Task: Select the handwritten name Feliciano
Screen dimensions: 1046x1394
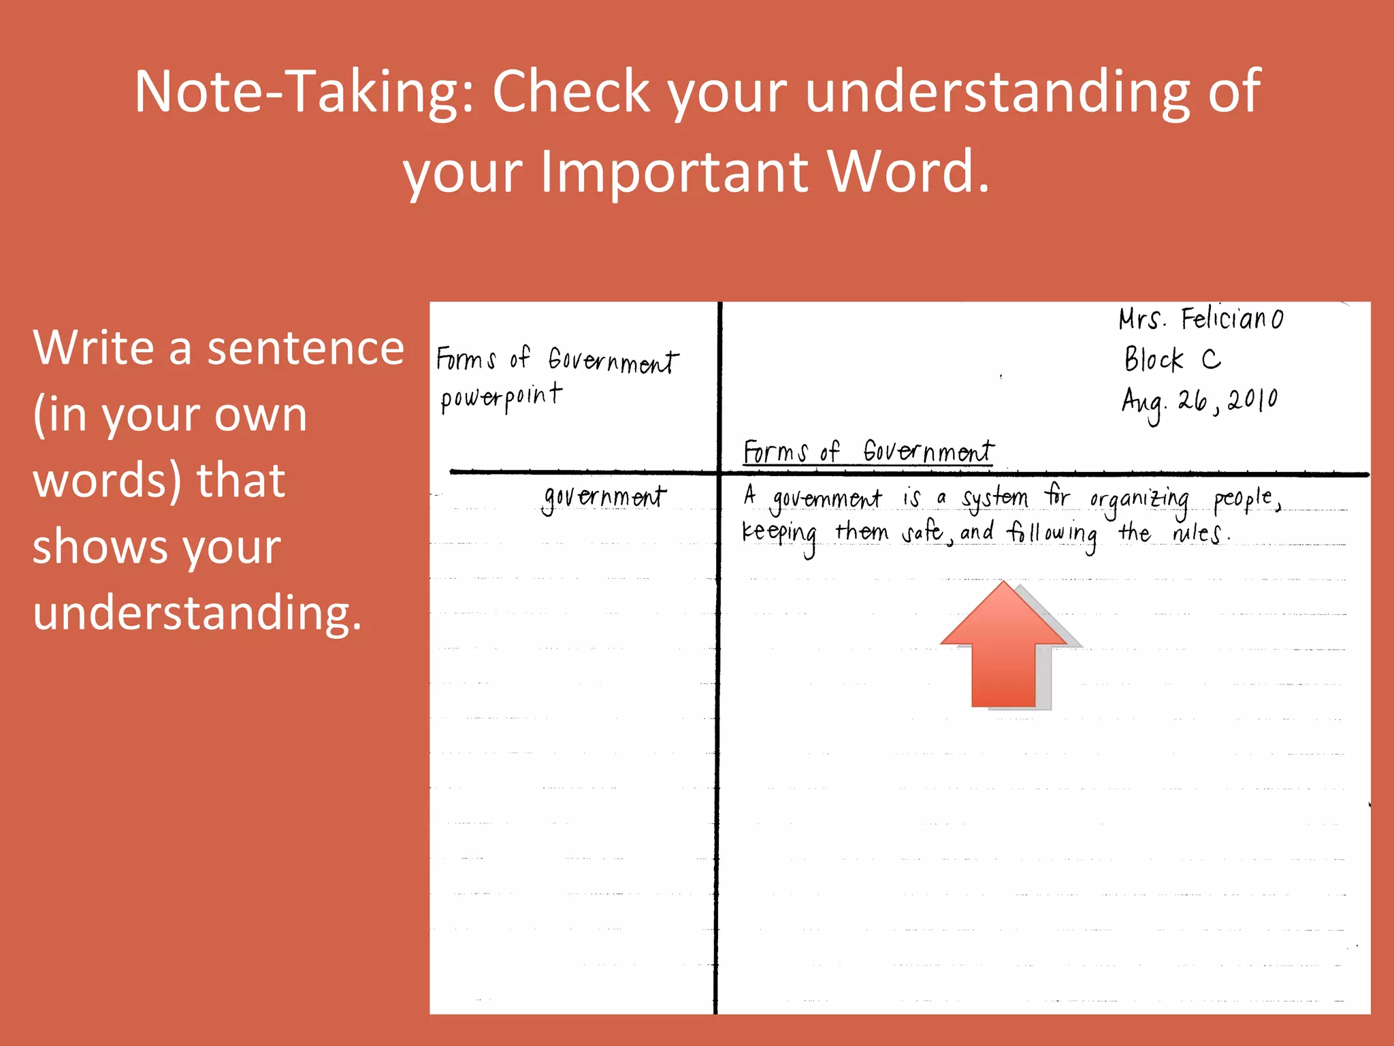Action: pos(1232,319)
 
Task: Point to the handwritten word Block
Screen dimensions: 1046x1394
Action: pos(1154,359)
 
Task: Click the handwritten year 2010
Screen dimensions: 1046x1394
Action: pos(1253,400)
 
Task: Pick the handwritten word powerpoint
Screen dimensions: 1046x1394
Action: pos(501,397)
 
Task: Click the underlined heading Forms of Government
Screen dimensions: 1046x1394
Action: pos(868,451)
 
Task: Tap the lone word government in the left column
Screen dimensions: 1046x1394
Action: pos(604,497)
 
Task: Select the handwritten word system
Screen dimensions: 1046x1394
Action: pos(994,498)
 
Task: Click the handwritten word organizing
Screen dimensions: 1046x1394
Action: pos(1139,499)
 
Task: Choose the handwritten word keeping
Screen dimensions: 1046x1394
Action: pos(779,533)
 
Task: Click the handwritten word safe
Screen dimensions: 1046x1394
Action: pos(923,532)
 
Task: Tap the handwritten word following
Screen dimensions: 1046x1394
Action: pos(1052,533)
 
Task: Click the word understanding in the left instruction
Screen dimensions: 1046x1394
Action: pos(197,612)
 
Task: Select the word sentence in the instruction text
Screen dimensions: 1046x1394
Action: pos(306,348)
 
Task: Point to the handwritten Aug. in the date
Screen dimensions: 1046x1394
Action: pos(1144,403)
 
